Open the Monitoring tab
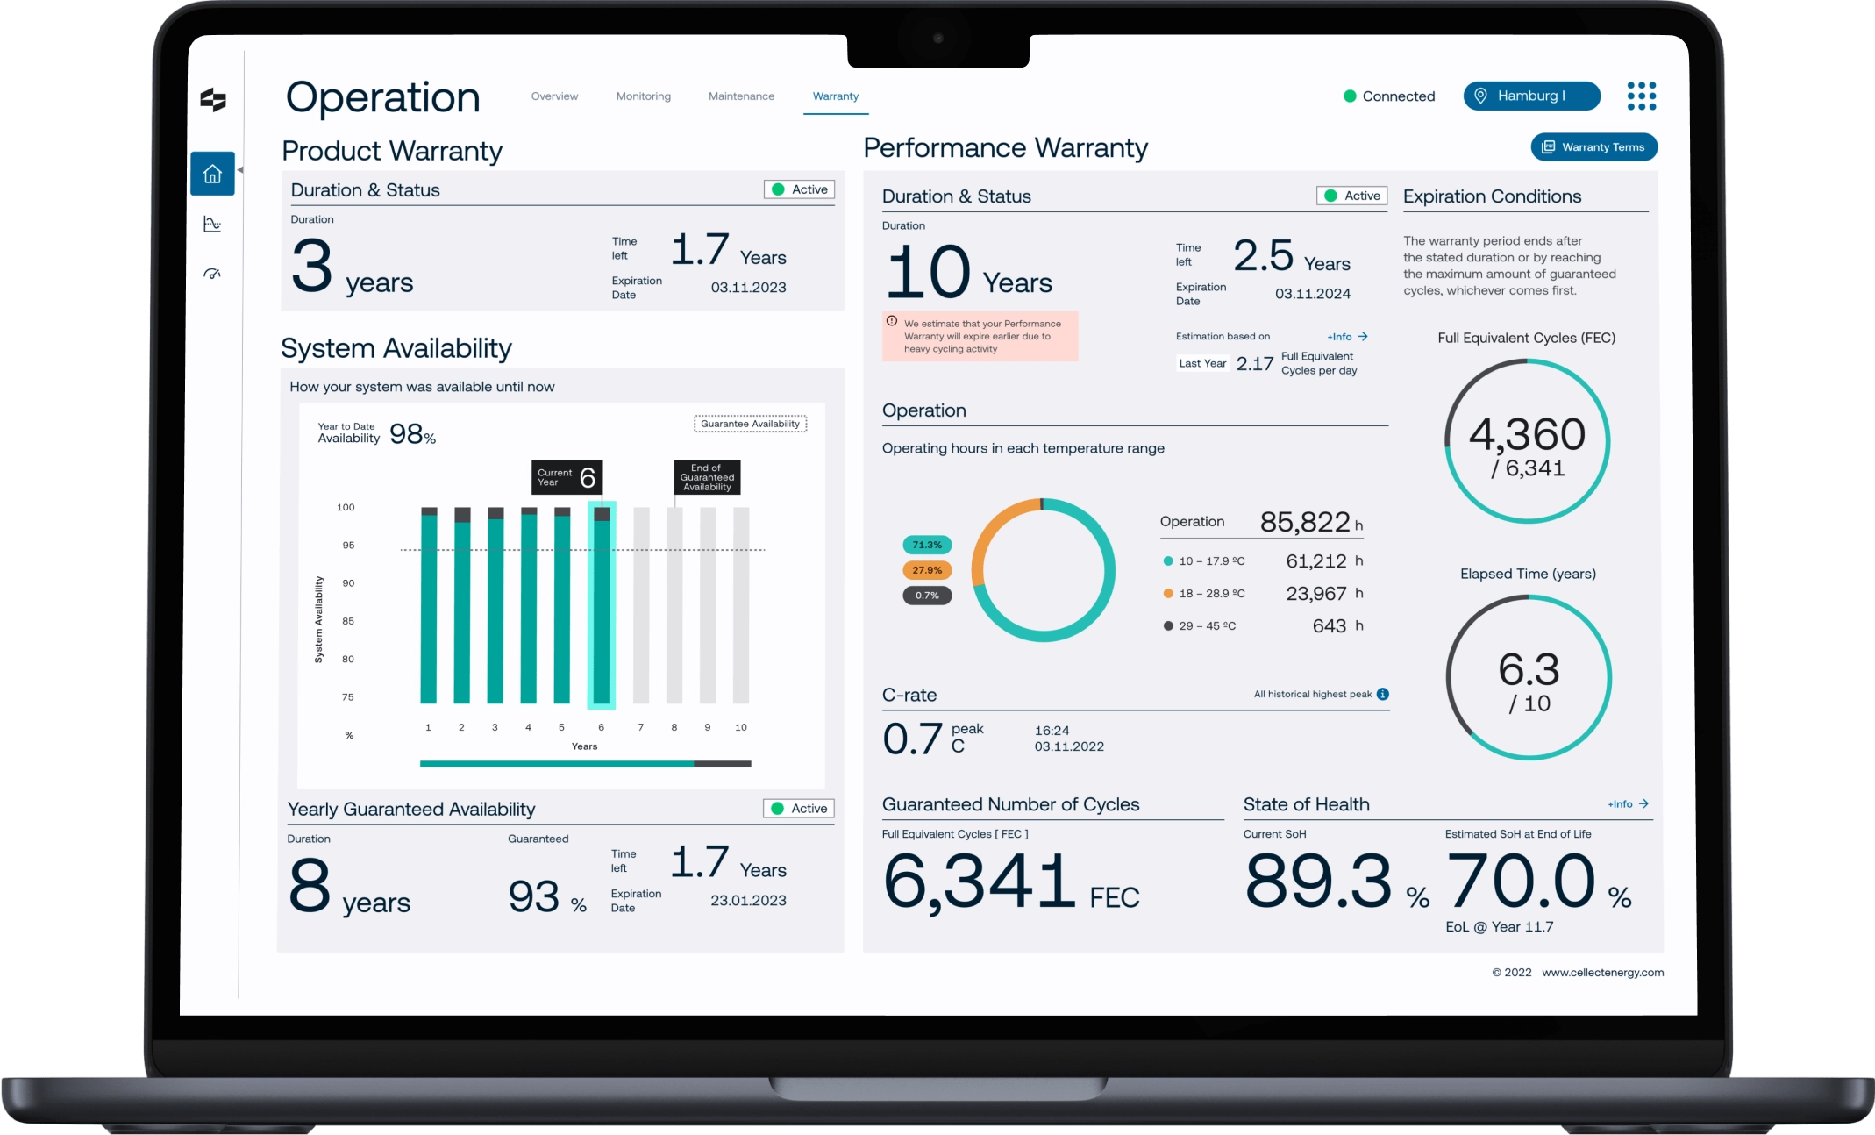pos(643,96)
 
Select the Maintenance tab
pos(741,96)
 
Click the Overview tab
pos(554,96)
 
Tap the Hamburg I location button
pos(1531,96)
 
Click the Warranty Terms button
pos(1593,146)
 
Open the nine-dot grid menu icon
pos(1641,96)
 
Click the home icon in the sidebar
pos(212,174)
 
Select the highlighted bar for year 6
pos(602,605)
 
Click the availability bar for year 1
pos(429,605)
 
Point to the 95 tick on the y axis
pos(348,546)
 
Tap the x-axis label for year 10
pos(741,727)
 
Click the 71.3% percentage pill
pos(927,545)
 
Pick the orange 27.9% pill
pos(927,570)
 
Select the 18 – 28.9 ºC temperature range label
pos(1212,594)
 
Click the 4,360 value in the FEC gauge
pos(1527,434)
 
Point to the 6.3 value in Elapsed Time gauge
pos(1529,670)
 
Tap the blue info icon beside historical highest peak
pos(1383,694)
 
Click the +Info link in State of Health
pos(1629,803)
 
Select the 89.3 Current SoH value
pos(1318,881)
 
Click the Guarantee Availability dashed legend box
pos(751,424)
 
